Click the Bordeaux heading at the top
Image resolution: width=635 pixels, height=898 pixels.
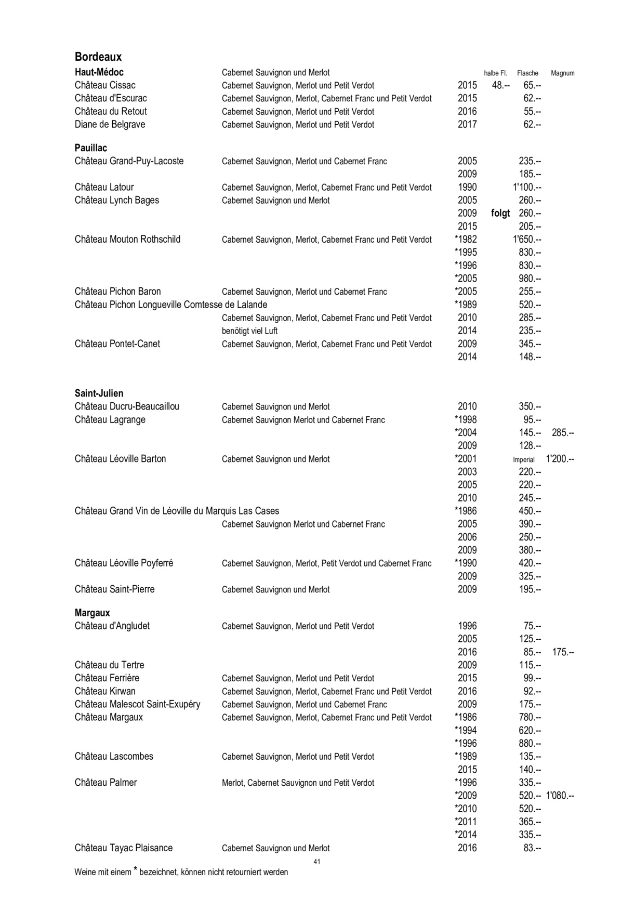point(98,57)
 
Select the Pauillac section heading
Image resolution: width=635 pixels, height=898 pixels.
point(91,148)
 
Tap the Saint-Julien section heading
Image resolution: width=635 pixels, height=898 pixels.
point(99,393)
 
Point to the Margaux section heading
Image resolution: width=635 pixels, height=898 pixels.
point(92,613)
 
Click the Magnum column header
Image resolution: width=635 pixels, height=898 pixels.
point(562,73)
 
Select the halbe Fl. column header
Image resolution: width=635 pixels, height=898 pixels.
point(495,73)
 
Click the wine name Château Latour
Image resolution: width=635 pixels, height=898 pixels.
point(104,187)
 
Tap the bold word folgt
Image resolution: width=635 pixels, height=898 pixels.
point(500,213)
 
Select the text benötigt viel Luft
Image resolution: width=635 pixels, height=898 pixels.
point(250,331)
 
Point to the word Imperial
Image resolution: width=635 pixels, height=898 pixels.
point(524,459)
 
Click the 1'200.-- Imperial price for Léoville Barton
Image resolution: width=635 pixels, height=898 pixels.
point(560,459)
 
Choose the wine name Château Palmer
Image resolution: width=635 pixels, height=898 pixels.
point(106,783)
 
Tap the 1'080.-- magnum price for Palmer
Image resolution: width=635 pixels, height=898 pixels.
point(560,796)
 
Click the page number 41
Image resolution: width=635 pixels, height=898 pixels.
point(317,862)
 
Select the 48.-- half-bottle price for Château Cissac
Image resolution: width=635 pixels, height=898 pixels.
point(501,85)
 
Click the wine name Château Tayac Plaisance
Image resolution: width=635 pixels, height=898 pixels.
point(124,848)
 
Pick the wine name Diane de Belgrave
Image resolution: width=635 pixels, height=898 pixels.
point(110,124)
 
